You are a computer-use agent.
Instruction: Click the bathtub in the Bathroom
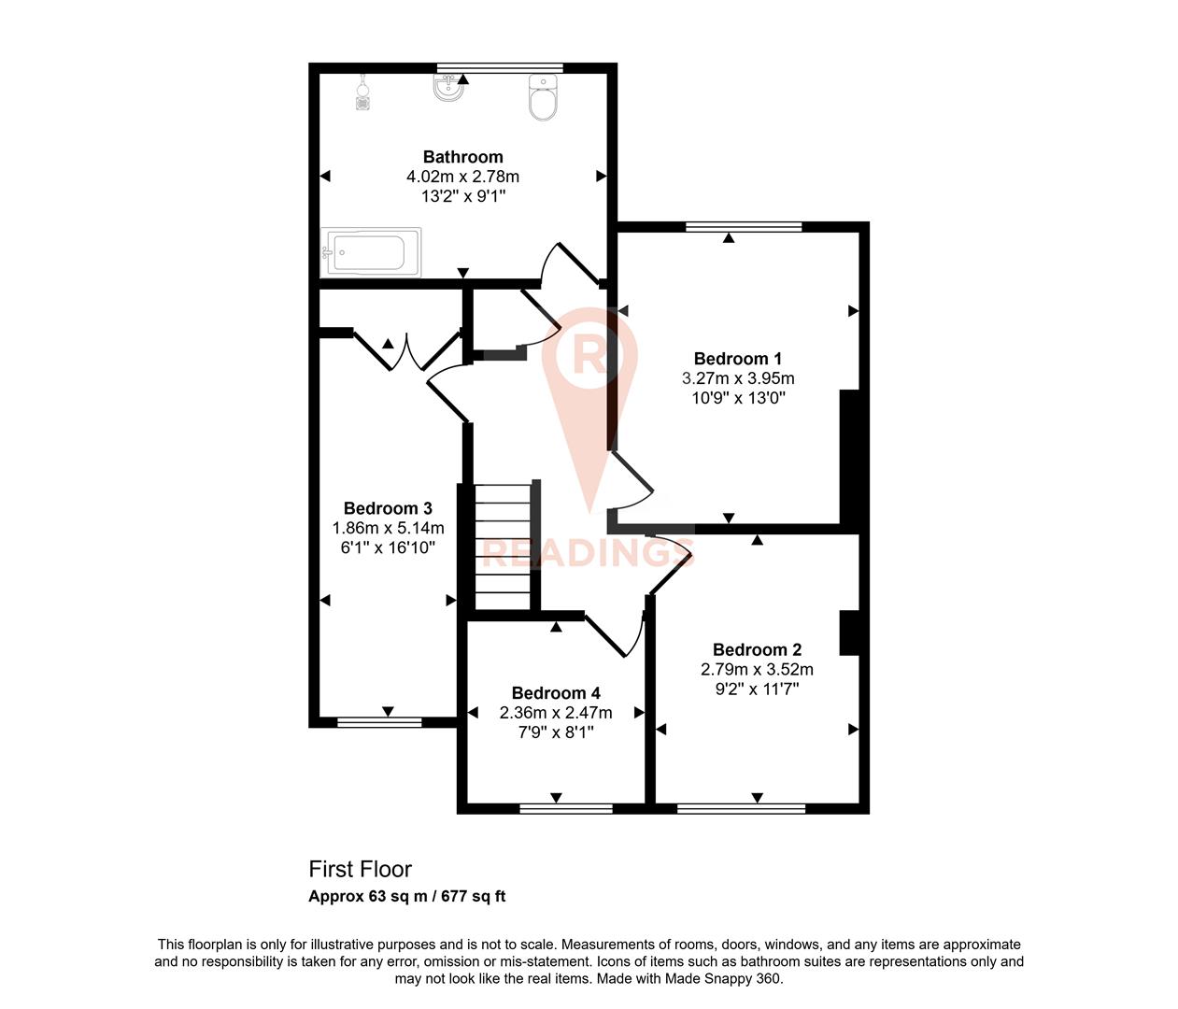tap(371, 252)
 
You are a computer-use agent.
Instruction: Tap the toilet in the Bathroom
tap(543, 98)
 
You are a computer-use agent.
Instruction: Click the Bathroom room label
tap(462, 157)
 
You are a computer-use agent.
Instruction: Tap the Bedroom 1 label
tap(738, 359)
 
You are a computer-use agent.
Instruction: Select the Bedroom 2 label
tap(757, 650)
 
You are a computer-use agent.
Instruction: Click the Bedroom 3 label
tap(388, 509)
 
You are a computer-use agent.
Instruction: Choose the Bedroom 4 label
tap(556, 693)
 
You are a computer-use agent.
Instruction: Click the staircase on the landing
tap(504, 547)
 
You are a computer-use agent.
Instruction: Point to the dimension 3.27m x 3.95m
tap(738, 378)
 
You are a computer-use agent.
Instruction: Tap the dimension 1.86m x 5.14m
tap(388, 529)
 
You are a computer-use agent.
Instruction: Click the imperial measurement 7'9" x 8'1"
tap(556, 732)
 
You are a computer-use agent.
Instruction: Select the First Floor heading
tap(361, 869)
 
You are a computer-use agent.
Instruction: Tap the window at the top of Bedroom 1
tap(744, 226)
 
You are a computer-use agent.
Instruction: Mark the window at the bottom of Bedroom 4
tap(566, 808)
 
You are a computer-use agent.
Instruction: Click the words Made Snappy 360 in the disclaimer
tap(723, 979)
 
